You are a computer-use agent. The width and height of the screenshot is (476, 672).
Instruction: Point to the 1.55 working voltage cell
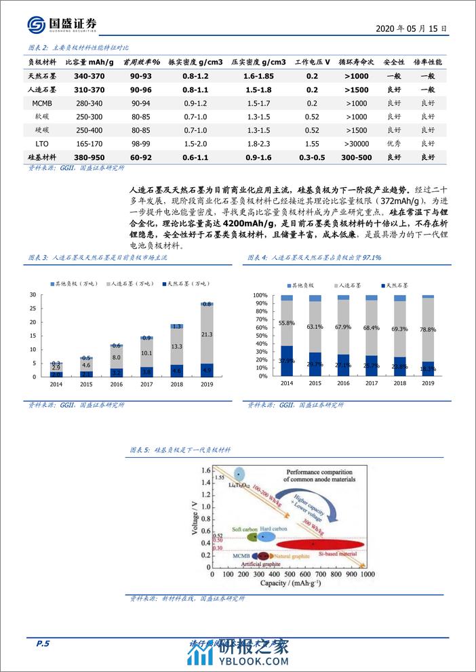pyautogui.click(x=312, y=144)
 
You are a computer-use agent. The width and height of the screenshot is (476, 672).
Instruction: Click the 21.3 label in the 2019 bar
pyautogui.click(x=207, y=334)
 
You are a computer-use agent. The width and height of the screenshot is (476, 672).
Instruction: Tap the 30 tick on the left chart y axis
pyautogui.click(x=33, y=294)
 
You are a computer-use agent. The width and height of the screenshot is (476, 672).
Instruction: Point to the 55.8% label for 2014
pyautogui.click(x=287, y=323)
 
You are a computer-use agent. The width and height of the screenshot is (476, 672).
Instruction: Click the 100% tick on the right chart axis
pyautogui.click(x=262, y=295)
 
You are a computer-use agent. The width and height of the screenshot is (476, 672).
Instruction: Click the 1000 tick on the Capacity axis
pyautogui.click(x=367, y=575)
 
